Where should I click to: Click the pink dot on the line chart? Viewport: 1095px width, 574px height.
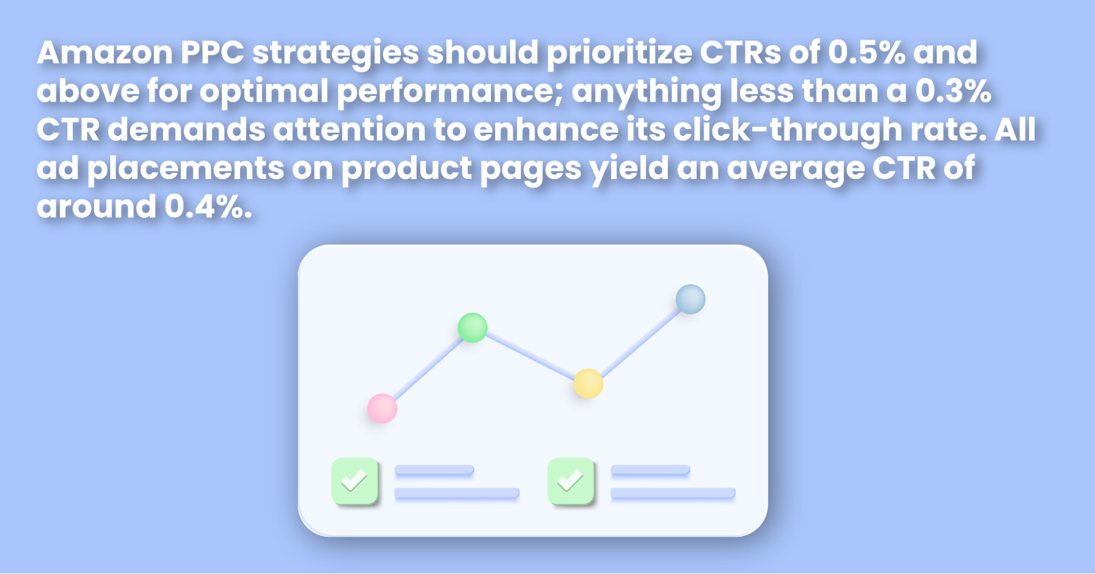pyautogui.click(x=382, y=408)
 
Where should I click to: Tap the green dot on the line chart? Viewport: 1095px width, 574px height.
pyautogui.click(x=472, y=328)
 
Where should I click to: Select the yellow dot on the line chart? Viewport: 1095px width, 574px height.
pyautogui.click(x=588, y=383)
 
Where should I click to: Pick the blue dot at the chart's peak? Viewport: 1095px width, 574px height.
pyautogui.click(x=690, y=299)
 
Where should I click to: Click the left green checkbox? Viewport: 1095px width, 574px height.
pyautogui.click(x=355, y=481)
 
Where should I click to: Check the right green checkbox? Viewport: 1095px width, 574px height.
pyautogui.click(x=571, y=481)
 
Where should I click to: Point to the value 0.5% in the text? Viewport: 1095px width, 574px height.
pyautogui.click(x=867, y=53)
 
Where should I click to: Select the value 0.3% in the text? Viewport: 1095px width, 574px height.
pyautogui.click(x=953, y=91)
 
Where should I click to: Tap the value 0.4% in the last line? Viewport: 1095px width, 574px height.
pyautogui.click(x=208, y=207)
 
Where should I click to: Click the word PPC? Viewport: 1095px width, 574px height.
pyautogui.click(x=213, y=53)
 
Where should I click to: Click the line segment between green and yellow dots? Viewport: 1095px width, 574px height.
pyautogui.click(x=530, y=356)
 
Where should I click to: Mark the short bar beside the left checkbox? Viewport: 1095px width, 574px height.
pyautogui.click(x=434, y=470)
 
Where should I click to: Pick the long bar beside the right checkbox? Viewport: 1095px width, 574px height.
pyautogui.click(x=673, y=493)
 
